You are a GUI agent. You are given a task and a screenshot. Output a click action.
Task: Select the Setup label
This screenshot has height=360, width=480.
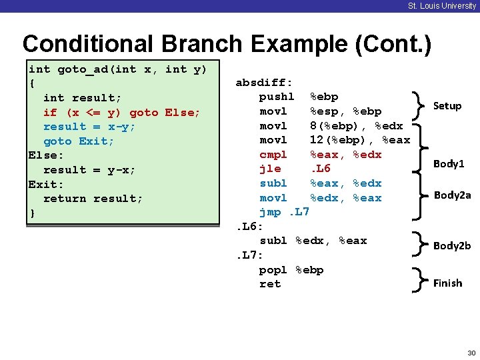pyautogui.click(x=447, y=105)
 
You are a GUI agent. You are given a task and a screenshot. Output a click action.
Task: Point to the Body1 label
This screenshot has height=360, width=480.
pyautogui.click(x=449, y=163)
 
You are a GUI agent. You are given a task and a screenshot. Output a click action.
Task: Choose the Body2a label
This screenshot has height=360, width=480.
pyautogui.click(x=452, y=195)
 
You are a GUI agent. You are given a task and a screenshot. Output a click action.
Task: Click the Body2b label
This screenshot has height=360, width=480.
pyautogui.click(x=452, y=245)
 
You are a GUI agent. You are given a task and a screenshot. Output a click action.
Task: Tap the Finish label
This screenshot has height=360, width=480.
pyautogui.click(x=447, y=283)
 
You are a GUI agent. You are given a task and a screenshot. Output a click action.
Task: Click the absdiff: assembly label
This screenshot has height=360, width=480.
pyautogui.click(x=264, y=83)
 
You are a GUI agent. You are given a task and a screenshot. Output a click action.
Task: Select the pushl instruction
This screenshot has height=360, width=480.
pyautogui.click(x=277, y=97)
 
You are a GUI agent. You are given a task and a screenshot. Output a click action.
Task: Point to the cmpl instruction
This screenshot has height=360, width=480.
pyautogui.click(x=273, y=154)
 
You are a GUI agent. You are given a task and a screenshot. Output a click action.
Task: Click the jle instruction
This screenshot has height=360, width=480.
pyautogui.click(x=270, y=169)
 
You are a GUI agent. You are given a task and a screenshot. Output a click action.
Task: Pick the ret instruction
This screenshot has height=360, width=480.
pyautogui.click(x=270, y=284)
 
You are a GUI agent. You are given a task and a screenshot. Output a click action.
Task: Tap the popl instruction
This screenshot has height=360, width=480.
pyautogui.click(x=273, y=269)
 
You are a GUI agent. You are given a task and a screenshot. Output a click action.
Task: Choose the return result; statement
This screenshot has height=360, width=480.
pyautogui.click(x=93, y=199)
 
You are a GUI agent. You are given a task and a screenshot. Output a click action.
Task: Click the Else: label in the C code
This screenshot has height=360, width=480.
pyautogui.click(x=46, y=155)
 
